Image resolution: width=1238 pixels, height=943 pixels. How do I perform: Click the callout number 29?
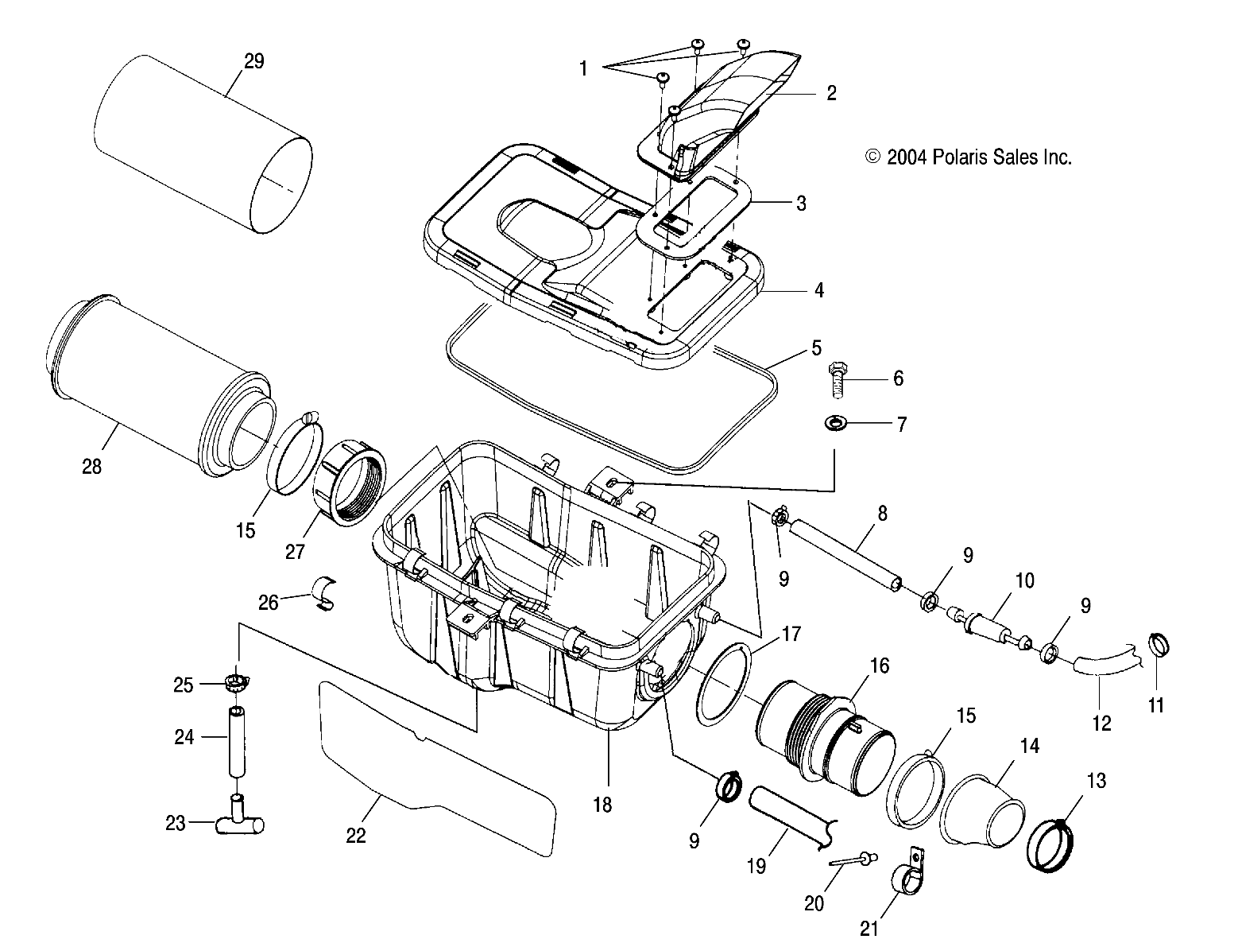tap(253, 61)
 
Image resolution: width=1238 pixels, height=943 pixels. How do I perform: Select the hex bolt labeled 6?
tap(838, 380)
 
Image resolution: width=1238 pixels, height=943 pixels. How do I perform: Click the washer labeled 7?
tap(835, 423)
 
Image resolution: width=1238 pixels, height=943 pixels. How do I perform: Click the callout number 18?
tap(602, 804)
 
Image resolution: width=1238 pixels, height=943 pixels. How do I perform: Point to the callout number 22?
tap(355, 835)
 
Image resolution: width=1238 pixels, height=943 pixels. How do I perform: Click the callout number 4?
tap(818, 290)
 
